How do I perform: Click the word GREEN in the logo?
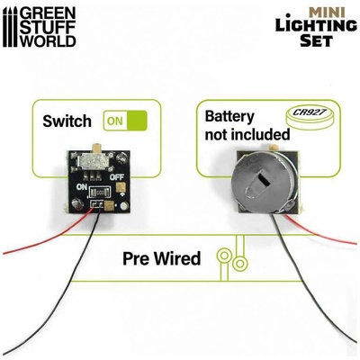click(x=49, y=13)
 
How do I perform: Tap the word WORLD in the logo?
click(x=49, y=40)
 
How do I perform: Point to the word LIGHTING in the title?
click(x=316, y=25)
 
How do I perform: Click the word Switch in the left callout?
click(x=67, y=121)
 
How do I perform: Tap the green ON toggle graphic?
click(x=125, y=121)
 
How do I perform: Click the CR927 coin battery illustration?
click(x=311, y=117)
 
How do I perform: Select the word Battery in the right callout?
click(x=229, y=117)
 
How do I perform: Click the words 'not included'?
click(x=247, y=135)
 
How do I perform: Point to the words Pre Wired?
click(x=161, y=258)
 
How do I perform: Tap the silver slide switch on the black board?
click(x=94, y=160)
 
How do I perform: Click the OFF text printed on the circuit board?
click(x=117, y=177)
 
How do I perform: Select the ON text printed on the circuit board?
click(x=82, y=187)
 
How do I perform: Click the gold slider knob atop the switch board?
click(x=97, y=148)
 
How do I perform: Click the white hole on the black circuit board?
click(x=123, y=206)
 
